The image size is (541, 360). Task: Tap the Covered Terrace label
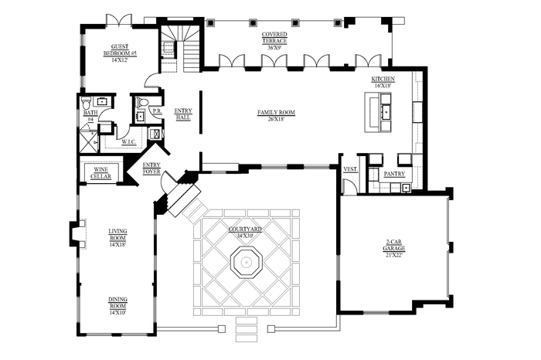tap(276, 40)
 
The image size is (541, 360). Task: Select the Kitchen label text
tap(383, 82)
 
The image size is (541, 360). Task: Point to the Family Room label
tap(276, 115)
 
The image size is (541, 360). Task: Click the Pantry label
tap(394, 175)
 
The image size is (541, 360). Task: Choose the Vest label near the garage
tap(349, 169)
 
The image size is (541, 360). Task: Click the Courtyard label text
tap(245, 232)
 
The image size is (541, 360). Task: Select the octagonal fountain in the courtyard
tap(246, 264)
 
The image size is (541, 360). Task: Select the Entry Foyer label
tap(151, 168)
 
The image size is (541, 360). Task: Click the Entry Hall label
tap(183, 114)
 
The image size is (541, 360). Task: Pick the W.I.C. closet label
tap(130, 141)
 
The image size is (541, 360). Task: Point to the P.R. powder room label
tap(156, 111)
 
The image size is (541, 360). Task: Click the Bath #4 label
tap(90, 116)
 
